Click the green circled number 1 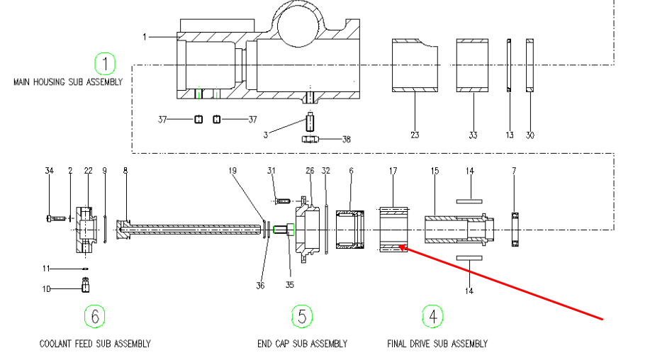coord(105,64)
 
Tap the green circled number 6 coord(94,315)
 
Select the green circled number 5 coord(302,316)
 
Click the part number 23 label coord(415,134)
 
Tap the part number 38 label coord(346,140)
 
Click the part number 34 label coord(49,171)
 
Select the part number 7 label coord(514,171)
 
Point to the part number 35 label coord(289,285)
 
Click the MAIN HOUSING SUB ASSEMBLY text coord(68,82)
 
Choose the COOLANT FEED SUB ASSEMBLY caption coord(95,344)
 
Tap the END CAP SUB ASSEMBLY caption coord(302,344)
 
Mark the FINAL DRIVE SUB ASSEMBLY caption coord(437,344)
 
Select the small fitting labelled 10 coord(85,286)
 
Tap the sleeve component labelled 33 coord(473,65)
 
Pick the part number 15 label coord(435,171)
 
